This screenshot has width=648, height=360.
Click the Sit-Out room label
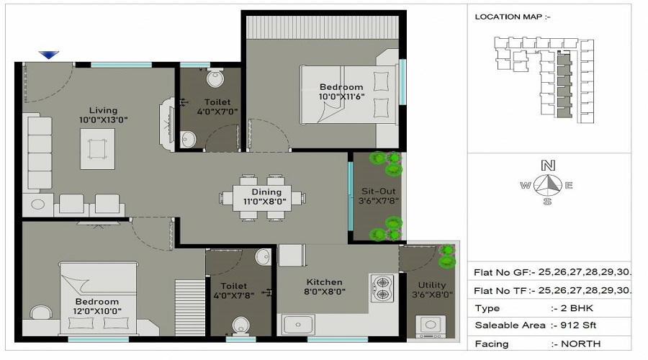click(377, 192)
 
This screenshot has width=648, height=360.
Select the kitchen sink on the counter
click(297, 325)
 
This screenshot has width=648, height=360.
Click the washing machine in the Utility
click(431, 326)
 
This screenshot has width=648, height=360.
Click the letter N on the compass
click(548, 165)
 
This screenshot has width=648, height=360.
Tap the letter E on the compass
click(569, 186)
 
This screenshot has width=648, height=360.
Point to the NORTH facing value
click(577, 343)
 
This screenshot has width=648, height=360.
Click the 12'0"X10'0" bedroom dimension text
click(97, 311)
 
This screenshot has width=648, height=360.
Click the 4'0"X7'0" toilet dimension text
click(217, 112)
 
